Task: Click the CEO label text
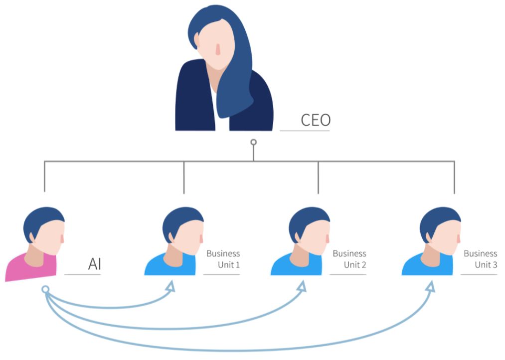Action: coord(316,120)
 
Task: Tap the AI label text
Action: coord(94,264)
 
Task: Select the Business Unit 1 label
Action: coord(223,259)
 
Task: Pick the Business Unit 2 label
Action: coord(349,259)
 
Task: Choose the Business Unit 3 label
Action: coord(481,259)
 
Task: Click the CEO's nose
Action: coord(218,49)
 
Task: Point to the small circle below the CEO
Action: coord(253,143)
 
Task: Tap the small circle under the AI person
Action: coord(45,289)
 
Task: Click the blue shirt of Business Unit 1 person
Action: coord(167,267)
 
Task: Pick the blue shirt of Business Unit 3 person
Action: coord(424,267)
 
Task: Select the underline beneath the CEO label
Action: coord(305,131)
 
